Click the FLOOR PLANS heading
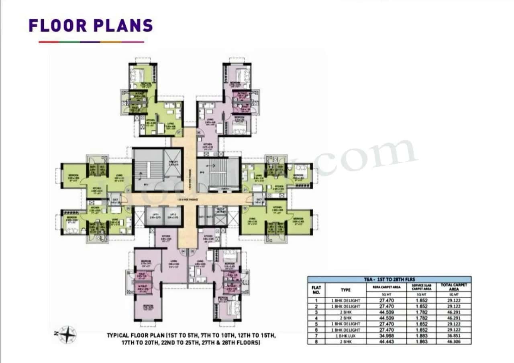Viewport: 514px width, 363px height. pyautogui.click(x=91, y=25)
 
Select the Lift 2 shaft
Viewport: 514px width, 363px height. pyautogui.click(x=171, y=216)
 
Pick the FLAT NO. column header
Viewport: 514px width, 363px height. pyautogui.click(x=316, y=289)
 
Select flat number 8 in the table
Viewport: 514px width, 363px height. pyautogui.click(x=316, y=342)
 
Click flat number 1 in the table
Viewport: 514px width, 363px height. pyautogui.click(x=316, y=300)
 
